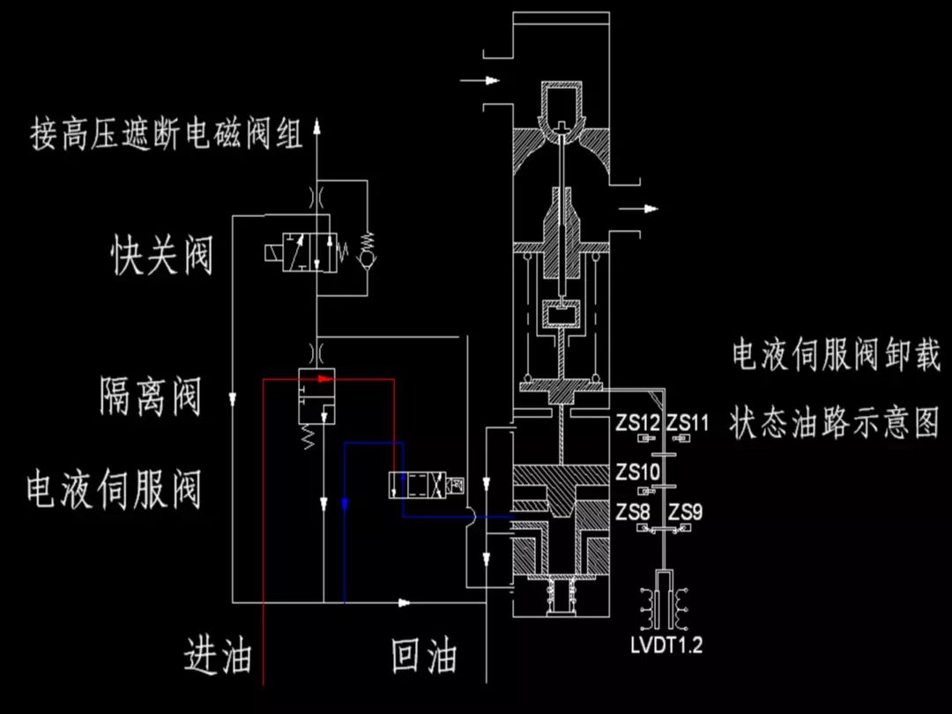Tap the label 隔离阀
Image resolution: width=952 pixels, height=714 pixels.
coord(150,397)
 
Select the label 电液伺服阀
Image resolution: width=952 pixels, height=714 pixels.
coord(114,489)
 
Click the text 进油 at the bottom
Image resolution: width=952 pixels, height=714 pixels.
coord(218,657)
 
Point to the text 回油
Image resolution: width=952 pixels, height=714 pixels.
coord(424,657)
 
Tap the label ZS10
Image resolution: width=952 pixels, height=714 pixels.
coord(638,472)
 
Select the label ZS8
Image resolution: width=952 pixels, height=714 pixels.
coord(634,512)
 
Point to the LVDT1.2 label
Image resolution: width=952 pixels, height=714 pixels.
coord(666,645)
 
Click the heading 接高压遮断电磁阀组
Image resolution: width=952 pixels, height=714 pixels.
coord(167,135)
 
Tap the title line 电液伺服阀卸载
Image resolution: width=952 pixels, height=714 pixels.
coord(836,355)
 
